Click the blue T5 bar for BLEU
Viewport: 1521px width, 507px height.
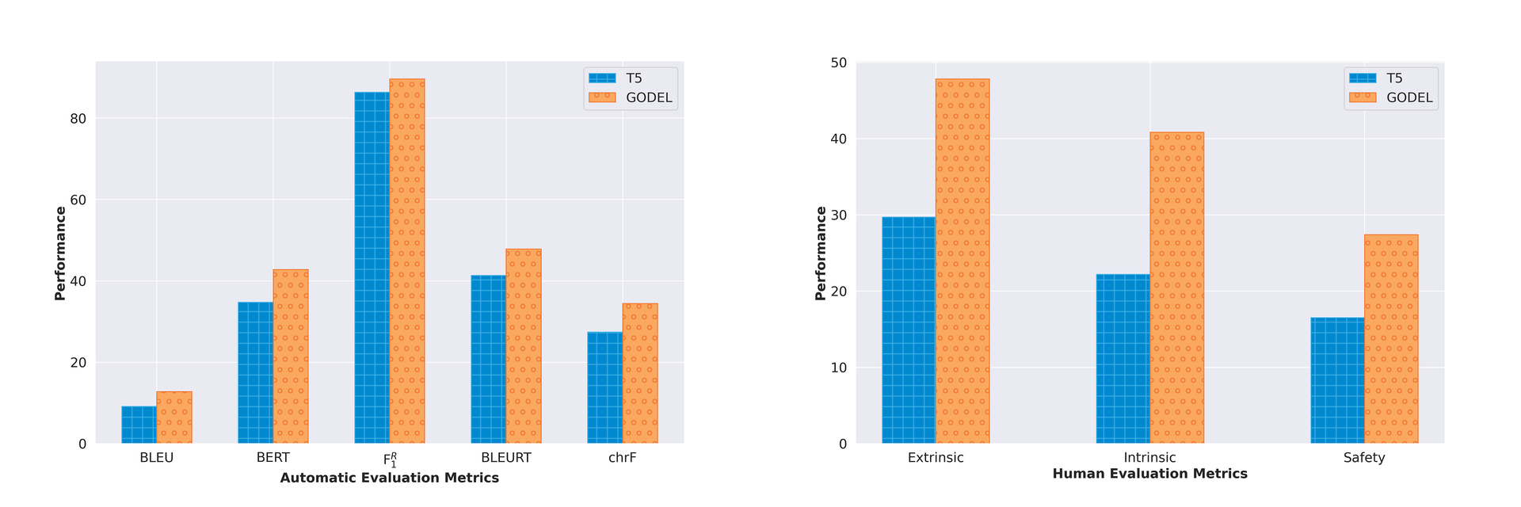pyautogui.click(x=139, y=425)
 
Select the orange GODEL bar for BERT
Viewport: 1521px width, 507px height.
pyautogui.click(x=291, y=356)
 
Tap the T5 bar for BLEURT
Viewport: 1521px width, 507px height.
pyautogui.click(x=488, y=360)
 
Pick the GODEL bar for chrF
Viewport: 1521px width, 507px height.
pyautogui.click(x=640, y=374)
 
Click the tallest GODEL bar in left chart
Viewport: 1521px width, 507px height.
pyautogui.click(x=407, y=261)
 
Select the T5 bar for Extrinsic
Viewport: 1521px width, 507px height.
pyautogui.click(x=908, y=330)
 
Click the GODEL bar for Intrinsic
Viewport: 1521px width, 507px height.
pyautogui.click(x=1176, y=288)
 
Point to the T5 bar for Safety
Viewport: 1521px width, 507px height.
pyautogui.click(x=1337, y=380)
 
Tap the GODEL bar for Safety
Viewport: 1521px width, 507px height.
pyautogui.click(x=1391, y=339)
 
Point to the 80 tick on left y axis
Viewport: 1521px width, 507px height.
pyautogui.click(x=78, y=119)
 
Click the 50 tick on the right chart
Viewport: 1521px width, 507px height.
pyautogui.click(x=838, y=63)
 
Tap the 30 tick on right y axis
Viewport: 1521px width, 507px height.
pyautogui.click(x=838, y=215)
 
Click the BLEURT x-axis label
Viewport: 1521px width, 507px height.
pyautogui.click(x=506, y=458)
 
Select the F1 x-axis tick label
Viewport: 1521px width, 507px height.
pyautogui.click(x=390, y=459)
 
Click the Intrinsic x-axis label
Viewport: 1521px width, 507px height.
pyautogui.click(x=1149, y=458)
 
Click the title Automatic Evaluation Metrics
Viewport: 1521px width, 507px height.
pyautogui.click(x=389, y=478)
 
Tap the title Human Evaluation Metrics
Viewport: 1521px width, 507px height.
pyautogui.click(x=1149, y=474)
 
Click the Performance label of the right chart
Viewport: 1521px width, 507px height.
pyautogui.click(x=821, y=253)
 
